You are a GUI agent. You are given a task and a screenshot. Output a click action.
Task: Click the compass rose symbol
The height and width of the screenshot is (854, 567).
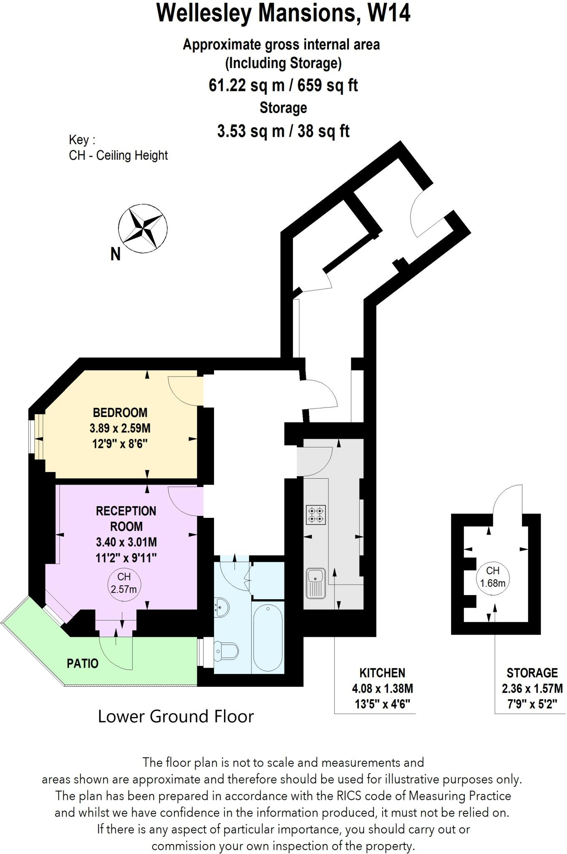[142, 229]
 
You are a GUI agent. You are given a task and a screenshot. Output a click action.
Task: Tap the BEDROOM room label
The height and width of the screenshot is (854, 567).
[120, 412]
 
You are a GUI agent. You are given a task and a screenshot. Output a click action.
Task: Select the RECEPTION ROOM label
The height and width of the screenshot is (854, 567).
[126, 518]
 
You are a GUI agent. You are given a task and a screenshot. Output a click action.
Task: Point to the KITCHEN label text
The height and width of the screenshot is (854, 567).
[382, 673]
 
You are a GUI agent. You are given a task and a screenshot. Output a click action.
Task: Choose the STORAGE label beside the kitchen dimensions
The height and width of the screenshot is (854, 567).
[532, 673]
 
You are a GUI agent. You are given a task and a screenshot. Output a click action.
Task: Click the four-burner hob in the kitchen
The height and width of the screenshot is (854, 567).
[316, 515]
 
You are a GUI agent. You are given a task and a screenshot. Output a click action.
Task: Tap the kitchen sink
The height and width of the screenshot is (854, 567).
[315, 583]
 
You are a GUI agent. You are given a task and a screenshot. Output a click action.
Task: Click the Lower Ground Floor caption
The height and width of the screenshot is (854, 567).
[176, 716]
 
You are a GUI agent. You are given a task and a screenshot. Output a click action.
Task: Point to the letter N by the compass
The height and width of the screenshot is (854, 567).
[116, 254]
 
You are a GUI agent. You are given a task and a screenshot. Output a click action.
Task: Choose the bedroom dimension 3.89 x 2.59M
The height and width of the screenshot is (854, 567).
[120, 428]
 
